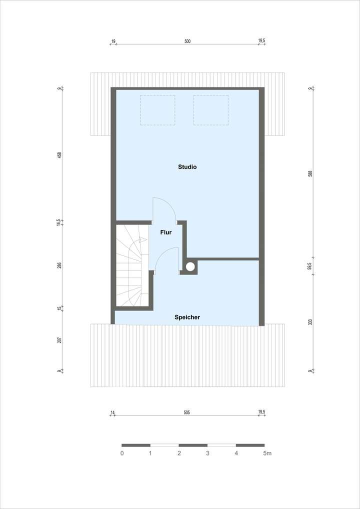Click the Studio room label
coord(187,167)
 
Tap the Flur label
coord(166,232)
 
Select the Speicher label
coord(187,317)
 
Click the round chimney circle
coord(190,267)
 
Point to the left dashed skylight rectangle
coord(157,110)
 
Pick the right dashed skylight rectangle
coord(210,110)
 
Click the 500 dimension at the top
coord(187,41)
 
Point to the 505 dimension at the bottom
coord(187,413)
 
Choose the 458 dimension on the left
coord(59,155)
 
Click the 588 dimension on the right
coord(310,173)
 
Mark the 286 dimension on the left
coord(59,265)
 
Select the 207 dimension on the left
coord(59,340)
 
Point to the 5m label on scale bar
coord(267,453)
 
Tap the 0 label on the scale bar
coord(122,453)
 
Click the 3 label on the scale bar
coord(207,453)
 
